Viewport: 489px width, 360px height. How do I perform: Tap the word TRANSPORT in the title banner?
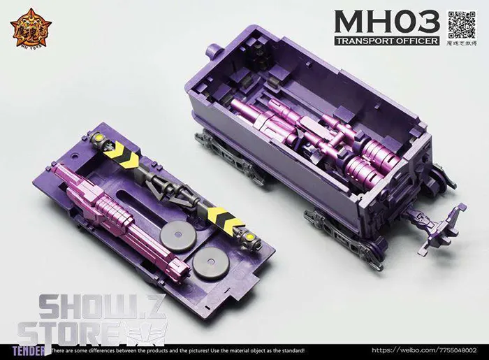tap(363, 41)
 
